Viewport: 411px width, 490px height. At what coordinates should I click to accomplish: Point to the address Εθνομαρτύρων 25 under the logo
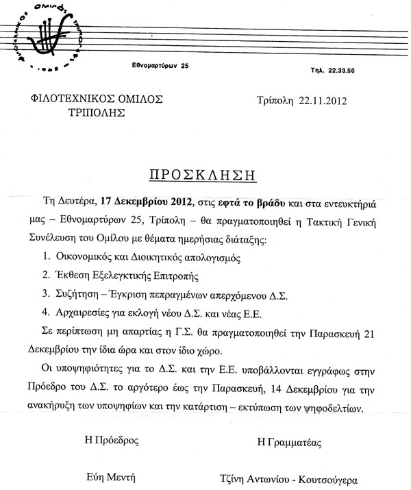pos(160,66)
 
